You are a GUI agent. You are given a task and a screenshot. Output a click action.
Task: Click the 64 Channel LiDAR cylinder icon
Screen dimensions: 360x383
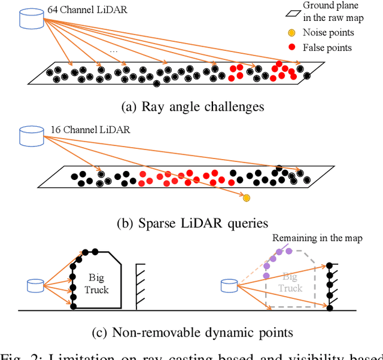point(32,18)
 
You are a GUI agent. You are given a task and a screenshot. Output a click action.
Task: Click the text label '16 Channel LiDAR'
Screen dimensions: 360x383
point(81,129)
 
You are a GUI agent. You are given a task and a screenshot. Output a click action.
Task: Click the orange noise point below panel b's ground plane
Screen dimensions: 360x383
point(246,197)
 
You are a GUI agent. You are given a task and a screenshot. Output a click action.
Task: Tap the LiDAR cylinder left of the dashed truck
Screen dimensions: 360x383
point(228,286)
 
